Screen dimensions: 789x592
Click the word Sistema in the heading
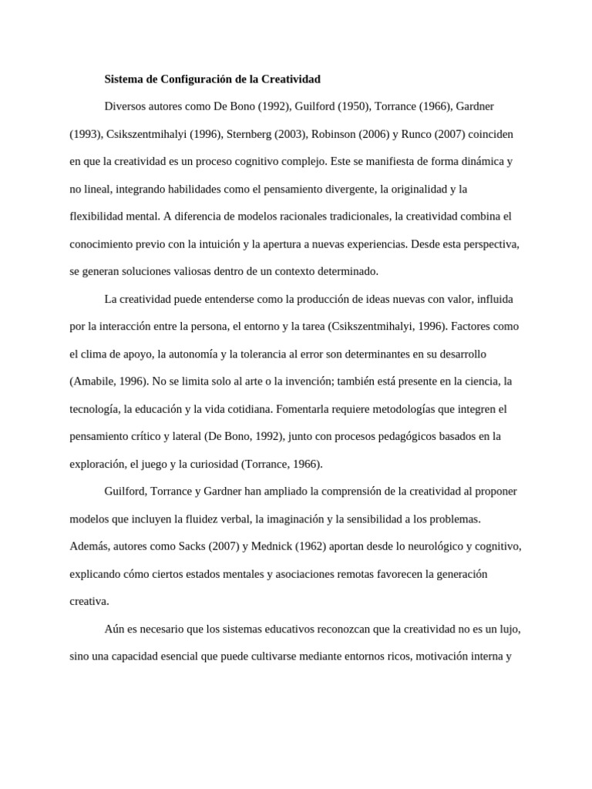tap(123, 79)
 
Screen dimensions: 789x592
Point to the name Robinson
tap(336, 134)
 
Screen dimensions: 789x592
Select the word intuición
tap(220, 244)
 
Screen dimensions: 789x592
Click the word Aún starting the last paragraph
tap(114, 630)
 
